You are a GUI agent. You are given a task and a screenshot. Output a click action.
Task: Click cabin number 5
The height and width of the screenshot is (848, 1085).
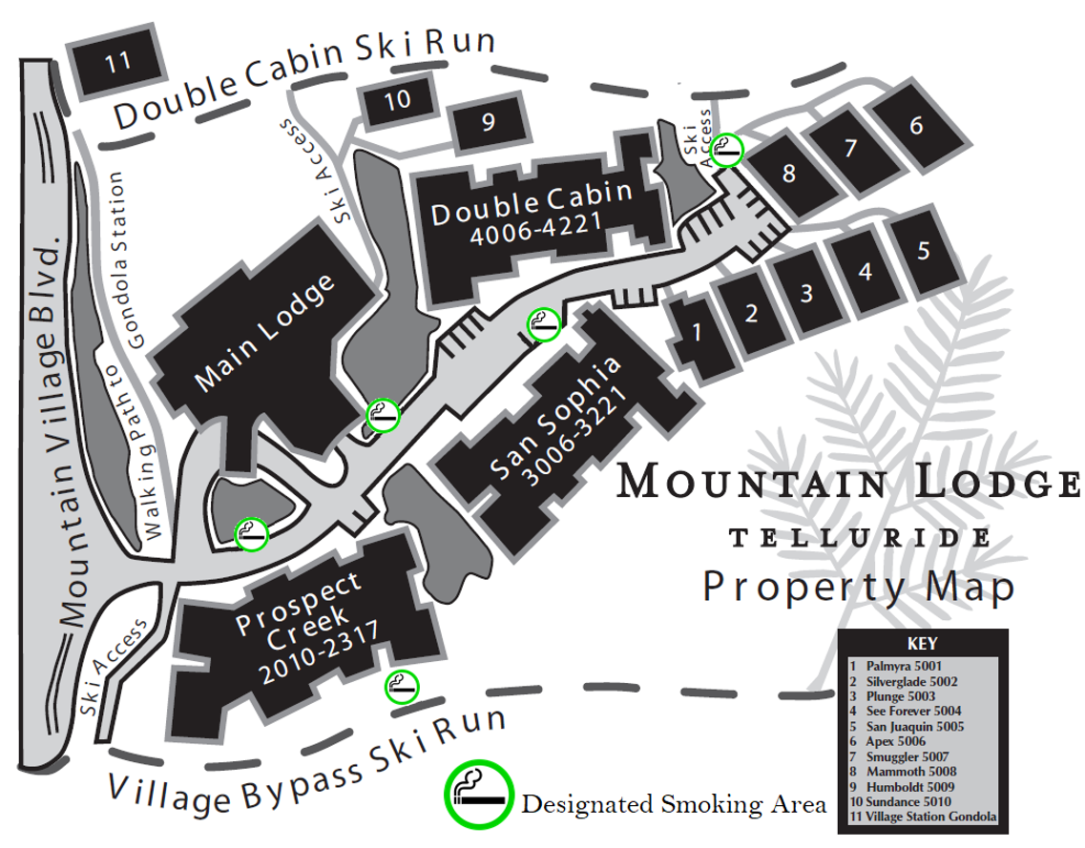(922, 251)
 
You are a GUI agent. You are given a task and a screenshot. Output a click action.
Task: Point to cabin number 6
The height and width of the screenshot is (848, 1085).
(915, 126)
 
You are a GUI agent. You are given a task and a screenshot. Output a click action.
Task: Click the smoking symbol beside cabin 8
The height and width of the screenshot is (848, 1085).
(728, 147)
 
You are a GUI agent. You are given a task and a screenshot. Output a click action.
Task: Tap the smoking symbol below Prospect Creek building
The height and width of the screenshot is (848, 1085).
(401, 686)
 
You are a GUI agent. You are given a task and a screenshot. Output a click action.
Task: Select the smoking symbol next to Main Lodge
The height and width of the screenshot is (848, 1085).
(382, 415)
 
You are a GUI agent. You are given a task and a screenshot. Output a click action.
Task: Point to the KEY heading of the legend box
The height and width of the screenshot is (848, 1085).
(922, 643)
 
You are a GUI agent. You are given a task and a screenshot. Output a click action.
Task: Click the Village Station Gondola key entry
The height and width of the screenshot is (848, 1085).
(924, 817)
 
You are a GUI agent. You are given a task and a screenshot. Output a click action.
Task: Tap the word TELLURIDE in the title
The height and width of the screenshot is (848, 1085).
(859, 539)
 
